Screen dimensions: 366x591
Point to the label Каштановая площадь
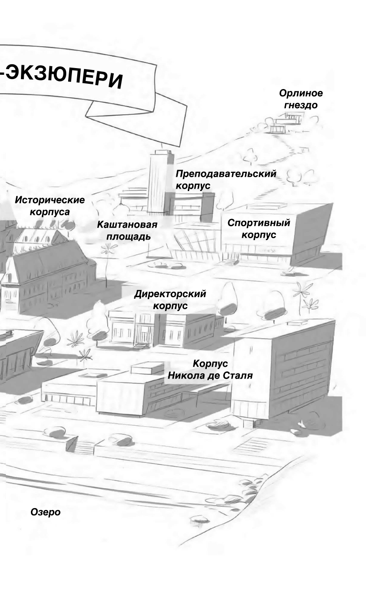pyautogui.click(x=127, y=230)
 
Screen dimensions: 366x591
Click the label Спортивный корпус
pyautogui.click(x=258, y=229)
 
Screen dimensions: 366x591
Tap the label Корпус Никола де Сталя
pyautogui.click(x=210, y=370)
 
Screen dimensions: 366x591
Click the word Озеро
pyautogui.click(x=45, y=512)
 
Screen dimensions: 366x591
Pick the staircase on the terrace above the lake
pyautogui.click(x=84, y=447)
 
